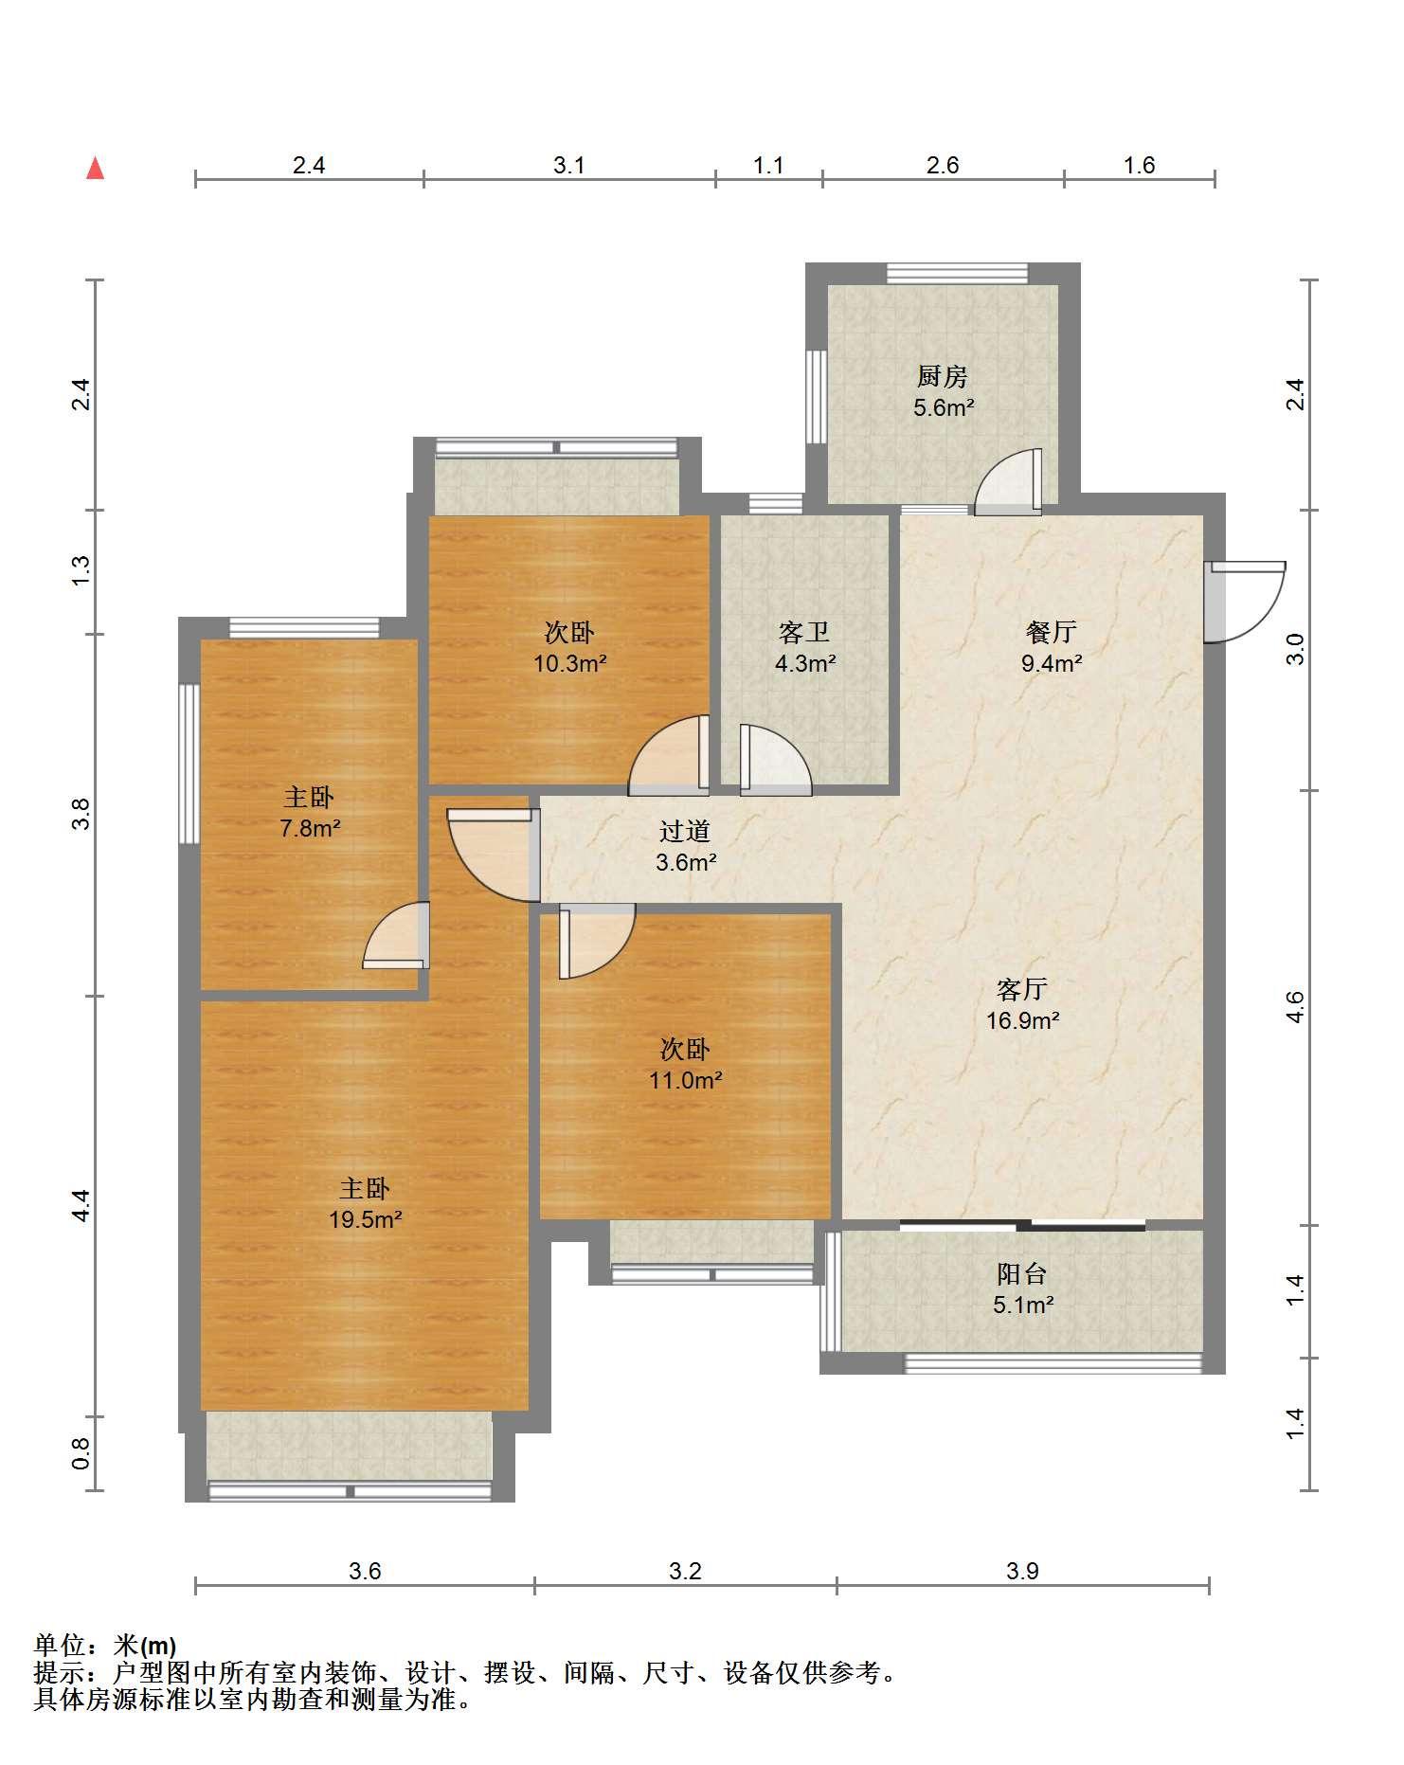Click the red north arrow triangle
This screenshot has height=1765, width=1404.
pyautogui.click(x=95, y=169)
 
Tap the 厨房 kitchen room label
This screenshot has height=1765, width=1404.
pyautogui.click(x=942, y=377)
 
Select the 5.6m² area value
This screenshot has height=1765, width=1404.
pyautogui.click(x=944, y=408)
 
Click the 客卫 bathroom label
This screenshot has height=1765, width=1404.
pyautogui.click(x=804, y=632)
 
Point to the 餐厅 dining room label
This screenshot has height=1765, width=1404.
pyautogui.click(x=1052, y=632)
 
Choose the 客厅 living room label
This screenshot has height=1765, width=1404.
pyautogui.click(x=1022, y=990)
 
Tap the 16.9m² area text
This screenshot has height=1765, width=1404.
pyautogui.click(x=1022, y=1021)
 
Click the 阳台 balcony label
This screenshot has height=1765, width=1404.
pyautogui.click(x=1022, y=1274)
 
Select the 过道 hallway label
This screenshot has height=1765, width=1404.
pyautogui.click(x=685, y=832)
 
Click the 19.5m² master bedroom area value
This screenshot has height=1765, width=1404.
pyautogui.click(x=366, y=1220)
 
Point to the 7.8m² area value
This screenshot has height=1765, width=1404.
pyautogui.click(x=310, y=829)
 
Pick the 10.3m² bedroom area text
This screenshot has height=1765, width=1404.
pyautogui.click(x=569, y=664)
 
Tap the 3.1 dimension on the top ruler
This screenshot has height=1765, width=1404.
pyautogui.click(x=569, y=166)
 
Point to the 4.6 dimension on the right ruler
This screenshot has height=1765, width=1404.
pyautogui.click(x=1296, y=1007)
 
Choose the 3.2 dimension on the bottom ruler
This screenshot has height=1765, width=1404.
pyautogui.click(x=686, y=1572)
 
